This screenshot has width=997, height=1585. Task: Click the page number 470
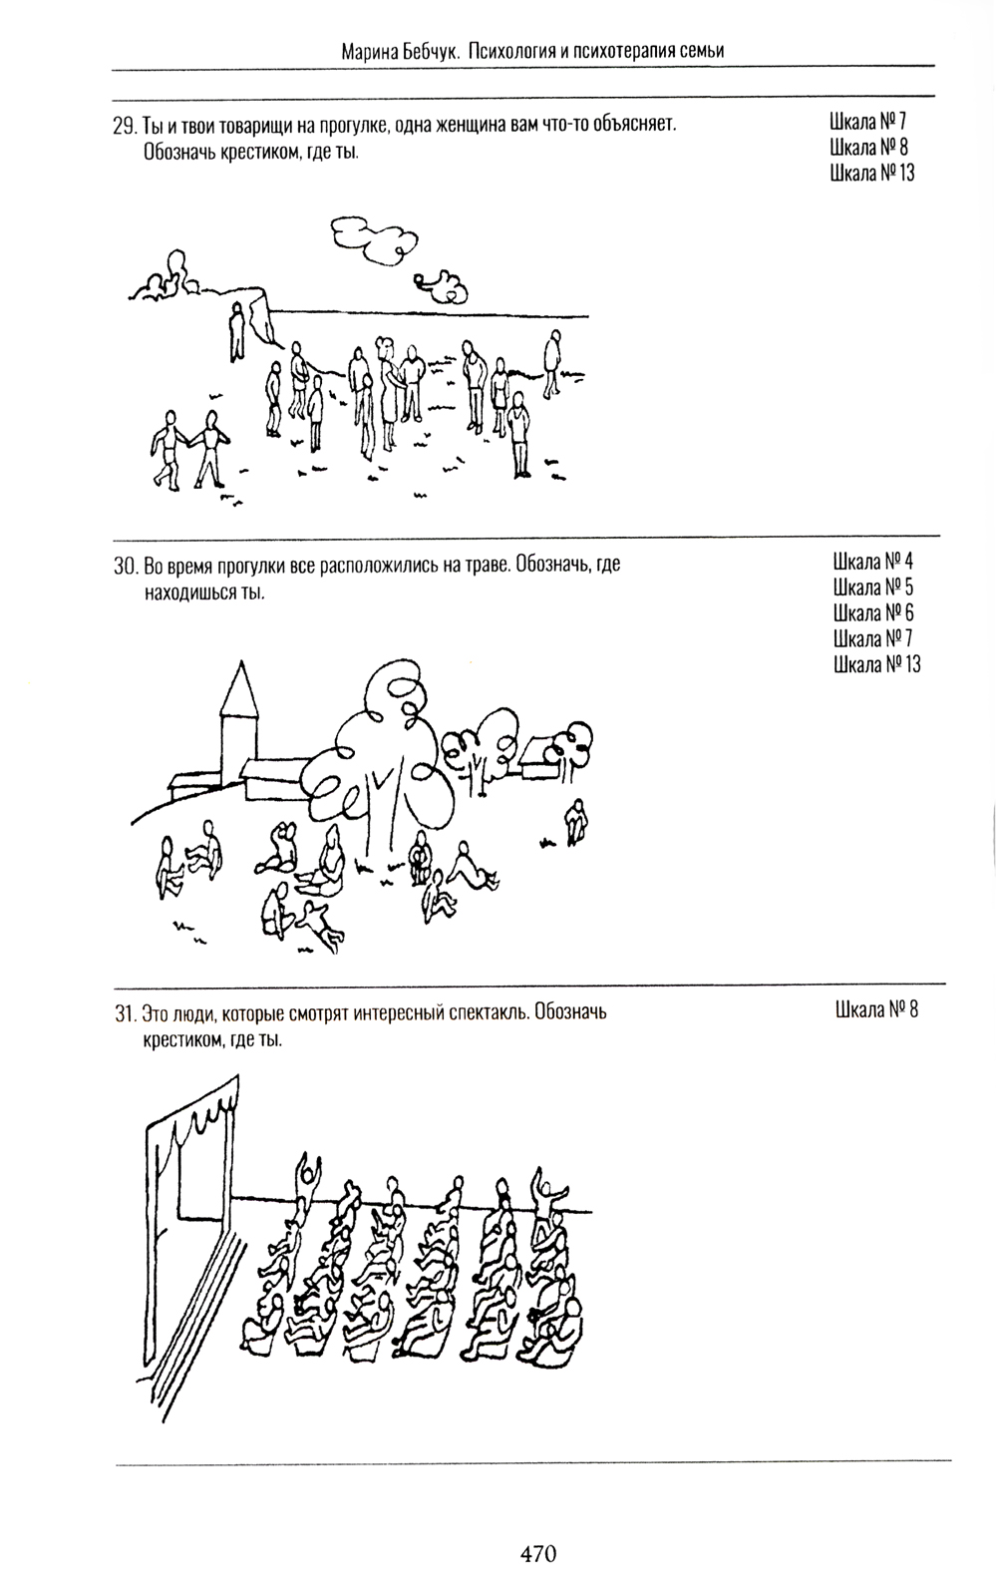(x=538, y=1553)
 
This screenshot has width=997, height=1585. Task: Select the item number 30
(x=126, y=567)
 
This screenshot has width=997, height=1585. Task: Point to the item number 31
(x=125, y=1013)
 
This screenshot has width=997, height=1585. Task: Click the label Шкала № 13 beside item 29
(x=871, y=173)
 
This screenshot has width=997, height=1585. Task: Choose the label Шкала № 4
(x=873, y=562)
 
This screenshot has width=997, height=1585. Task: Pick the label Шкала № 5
(x=873, y=588)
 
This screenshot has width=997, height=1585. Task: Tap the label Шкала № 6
(x=873, y=612)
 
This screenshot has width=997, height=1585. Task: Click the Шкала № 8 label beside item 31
(x=876, y=1009)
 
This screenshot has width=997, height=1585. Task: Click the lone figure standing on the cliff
(x=237, y=330)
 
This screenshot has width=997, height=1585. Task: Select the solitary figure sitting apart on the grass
(x=577, y=822)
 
